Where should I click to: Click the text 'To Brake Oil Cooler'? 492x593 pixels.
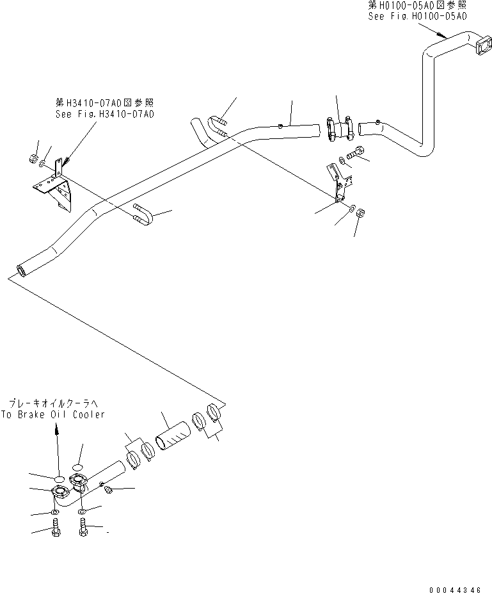[53, 415]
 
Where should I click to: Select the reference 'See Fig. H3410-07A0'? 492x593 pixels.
[104, 113]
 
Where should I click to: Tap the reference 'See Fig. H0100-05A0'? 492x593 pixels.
[417, 16]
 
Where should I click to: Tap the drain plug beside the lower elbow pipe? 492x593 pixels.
[108, 490]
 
